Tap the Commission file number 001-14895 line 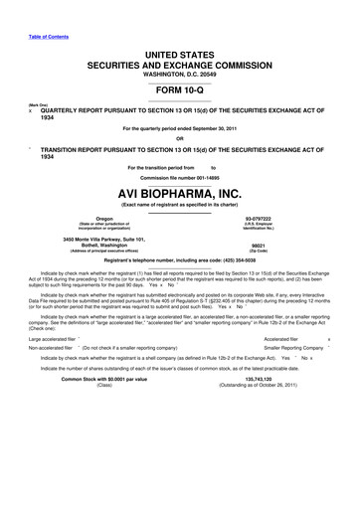[x=180, y=176]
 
